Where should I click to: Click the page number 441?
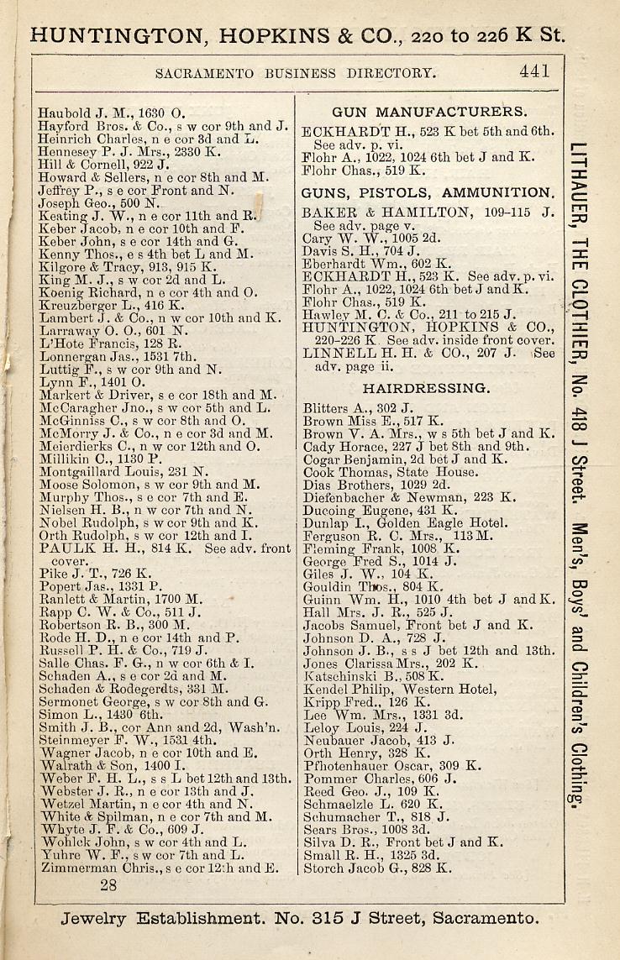[x=534, y=72]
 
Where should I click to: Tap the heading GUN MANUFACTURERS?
[x=429, y=112]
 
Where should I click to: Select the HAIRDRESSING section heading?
[x=426, y=389]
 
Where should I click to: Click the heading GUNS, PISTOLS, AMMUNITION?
[x=428, y=192]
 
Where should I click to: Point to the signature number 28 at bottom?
[x=108, y=884]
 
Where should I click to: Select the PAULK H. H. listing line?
[x=165, y=548]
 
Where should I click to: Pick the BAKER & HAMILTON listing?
[x=428, y=212]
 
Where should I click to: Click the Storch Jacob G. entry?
[x=377, y=868]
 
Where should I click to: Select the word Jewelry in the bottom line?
[x=92, y=918]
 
